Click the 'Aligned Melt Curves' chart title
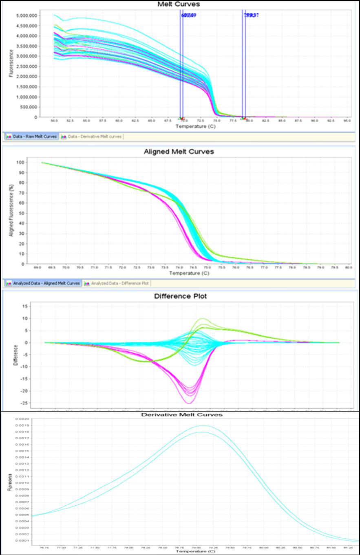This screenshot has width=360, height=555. (x=179, y=152)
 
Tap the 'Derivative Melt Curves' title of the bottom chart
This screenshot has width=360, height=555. (x=181, y=414)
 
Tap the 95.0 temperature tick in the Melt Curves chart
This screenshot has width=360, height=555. (x=347, y=121)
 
